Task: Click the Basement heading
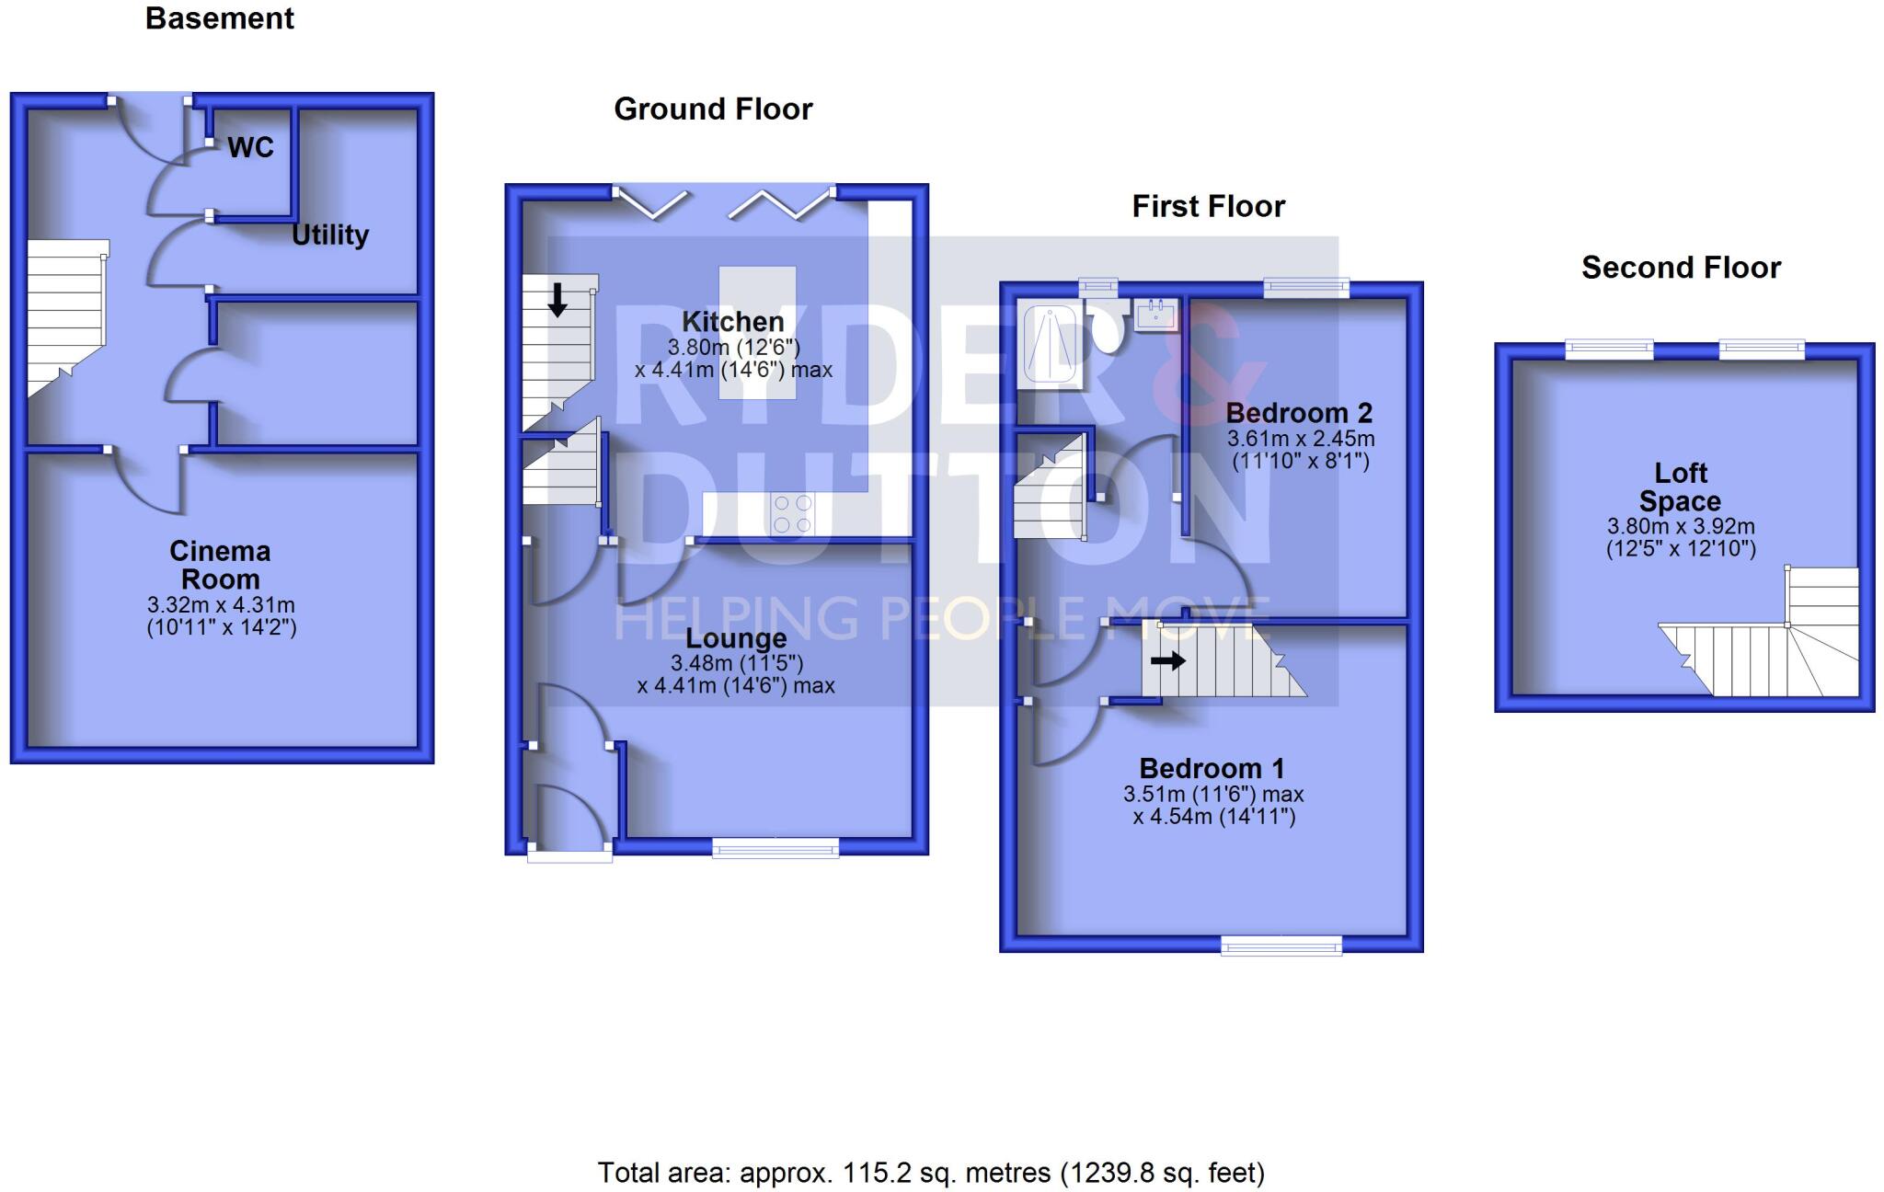[x=219, y=18]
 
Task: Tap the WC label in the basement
[x=250, y=147]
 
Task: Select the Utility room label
[x=330, y=235]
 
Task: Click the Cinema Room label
[x=220, y=565]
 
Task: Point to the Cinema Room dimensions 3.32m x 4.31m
[x=221, y=605]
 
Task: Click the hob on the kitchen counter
[x=792, y=514]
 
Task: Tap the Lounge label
[x=736, y=637]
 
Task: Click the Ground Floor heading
[x=713, y=109]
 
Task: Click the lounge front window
[x=775, y=848]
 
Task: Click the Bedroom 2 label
[x=1299, y=412]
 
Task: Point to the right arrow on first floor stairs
[x=1167, y=660]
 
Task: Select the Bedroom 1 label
[x=1212, y=768]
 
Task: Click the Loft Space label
[x=1680, y=487]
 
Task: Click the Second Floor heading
[x=1681, y=268]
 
